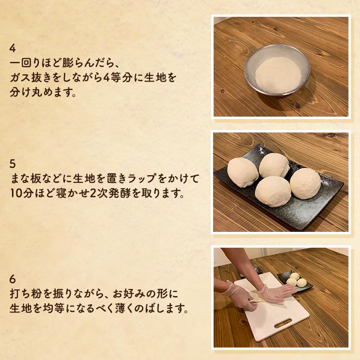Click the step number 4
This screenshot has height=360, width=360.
(x=13, y=48)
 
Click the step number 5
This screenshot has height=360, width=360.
(x=13, y=164)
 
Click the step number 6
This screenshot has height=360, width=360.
(x=13, y=279)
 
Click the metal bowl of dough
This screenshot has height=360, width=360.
(x=277, y=71)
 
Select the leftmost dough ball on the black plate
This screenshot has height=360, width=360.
(x=243, y=172)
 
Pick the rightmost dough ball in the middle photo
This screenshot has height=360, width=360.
(x=305, y=183)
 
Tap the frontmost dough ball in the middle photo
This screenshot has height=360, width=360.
(x=273, y=191)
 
